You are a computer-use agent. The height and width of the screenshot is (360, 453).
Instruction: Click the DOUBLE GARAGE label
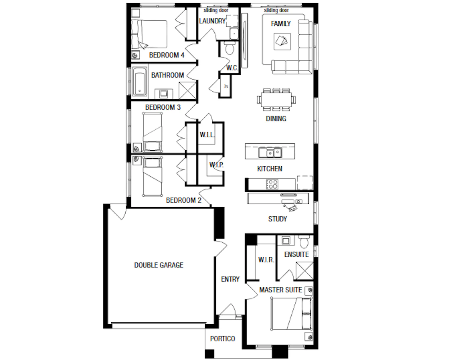(159, 265)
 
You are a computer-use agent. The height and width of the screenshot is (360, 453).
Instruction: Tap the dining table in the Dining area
(276, 100)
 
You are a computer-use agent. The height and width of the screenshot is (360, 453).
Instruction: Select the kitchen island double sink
(270, 152)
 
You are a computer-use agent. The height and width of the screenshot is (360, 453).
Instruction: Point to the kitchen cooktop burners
(272, 184)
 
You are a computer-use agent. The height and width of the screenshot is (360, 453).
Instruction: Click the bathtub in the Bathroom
(139, 81)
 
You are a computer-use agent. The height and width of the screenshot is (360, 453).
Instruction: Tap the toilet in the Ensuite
(304, 241)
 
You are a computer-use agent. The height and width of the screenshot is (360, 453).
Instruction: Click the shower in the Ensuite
(305, 271)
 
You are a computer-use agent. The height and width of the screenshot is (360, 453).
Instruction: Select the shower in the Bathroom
(187, 91)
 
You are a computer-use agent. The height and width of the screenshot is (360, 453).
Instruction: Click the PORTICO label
(222, 338)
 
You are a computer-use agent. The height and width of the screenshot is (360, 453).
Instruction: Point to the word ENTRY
(230, 279)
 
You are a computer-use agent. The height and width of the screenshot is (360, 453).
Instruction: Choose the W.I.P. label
(216, 165)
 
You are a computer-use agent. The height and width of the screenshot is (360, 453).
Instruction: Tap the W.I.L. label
(207, 135)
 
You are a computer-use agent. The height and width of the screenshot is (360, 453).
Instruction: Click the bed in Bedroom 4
(149, 34)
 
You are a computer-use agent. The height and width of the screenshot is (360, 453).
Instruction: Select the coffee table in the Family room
(282, 42)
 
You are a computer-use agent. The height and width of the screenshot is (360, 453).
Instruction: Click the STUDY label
(278, 219)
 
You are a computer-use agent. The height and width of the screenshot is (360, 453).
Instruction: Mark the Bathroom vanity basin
(164, 93)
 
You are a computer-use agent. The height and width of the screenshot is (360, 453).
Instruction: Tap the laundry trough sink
(234, 34)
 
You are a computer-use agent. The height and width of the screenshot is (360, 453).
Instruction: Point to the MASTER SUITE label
(280, 290)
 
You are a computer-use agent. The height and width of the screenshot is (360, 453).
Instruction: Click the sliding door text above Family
(276, 10)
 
